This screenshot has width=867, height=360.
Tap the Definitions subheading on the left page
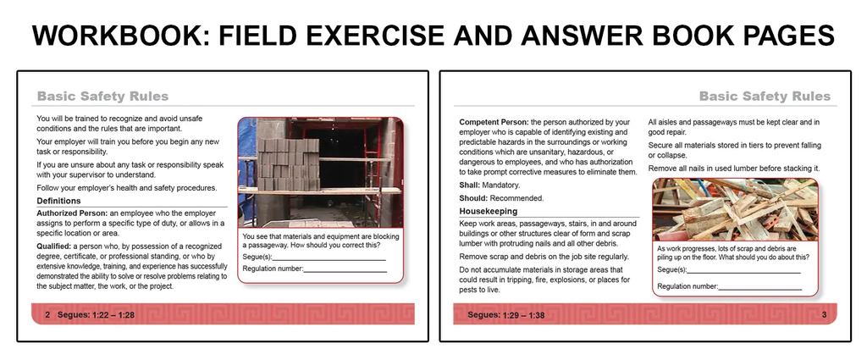(x=58, y=201)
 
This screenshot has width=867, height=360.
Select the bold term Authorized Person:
(x=72, y=213)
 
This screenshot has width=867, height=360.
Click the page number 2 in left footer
(x=47, y=315)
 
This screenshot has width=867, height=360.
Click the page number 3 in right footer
(x=824, y=315)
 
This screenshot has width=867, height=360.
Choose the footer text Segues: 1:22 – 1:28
(x=97, y=315)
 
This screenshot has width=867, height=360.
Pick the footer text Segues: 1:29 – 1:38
(x=506, y=315)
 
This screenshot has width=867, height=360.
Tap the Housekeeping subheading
(x=489, y=211)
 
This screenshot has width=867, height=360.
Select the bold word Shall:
(x=469, y=186)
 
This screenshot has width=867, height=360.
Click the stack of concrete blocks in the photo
(x=288, y=164)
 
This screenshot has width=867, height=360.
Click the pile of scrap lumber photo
(x=735, y=209)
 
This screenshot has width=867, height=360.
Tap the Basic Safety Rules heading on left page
(x=102, y=97)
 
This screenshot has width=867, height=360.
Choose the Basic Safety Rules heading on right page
(x=765, y=97)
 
